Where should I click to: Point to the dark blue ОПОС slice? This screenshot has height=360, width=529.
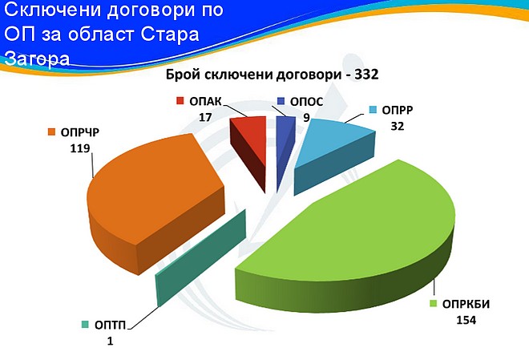284,145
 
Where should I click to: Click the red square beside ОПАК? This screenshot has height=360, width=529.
180,101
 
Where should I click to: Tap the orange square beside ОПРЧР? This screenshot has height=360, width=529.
51,132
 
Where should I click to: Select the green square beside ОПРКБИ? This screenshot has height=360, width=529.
433,304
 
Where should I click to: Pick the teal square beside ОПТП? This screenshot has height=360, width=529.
86,325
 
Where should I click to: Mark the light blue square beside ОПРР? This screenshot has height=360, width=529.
373,110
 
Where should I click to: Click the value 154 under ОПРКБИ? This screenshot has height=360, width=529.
466,320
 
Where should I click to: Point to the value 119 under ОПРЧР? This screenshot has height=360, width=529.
80,148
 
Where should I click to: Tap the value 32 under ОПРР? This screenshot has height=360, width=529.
398,126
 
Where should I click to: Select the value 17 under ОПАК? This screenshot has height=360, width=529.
205,117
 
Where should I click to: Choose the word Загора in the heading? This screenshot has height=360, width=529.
38,59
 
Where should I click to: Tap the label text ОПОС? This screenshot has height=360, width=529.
307,102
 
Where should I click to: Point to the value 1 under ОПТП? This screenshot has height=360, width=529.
110,341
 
